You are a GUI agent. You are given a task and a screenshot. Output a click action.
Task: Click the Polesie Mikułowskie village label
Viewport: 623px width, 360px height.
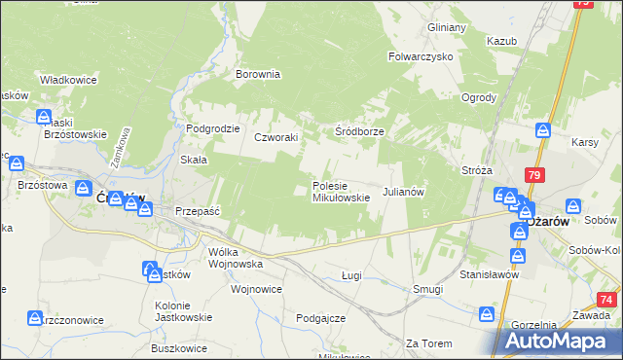(x=340, y=191)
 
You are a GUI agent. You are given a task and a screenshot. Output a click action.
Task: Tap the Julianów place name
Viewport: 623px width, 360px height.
(x=404, y=192)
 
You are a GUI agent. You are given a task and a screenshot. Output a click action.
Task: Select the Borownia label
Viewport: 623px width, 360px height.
(x=258, y=73)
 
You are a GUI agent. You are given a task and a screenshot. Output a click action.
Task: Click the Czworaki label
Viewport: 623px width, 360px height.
(x=275, y=138)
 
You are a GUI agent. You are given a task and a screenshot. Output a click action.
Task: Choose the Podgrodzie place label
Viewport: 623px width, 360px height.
(x=213, y=128)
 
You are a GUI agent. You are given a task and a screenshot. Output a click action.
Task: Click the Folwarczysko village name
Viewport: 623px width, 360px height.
(x=421, y=57)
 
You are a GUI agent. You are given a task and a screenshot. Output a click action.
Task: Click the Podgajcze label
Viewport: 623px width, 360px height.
(x=321, y=318)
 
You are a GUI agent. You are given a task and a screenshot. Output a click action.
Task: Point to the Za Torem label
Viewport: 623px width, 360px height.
(x=425, y=343)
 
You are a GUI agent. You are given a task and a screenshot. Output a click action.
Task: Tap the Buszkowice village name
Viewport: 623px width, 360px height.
(x=181, y=347)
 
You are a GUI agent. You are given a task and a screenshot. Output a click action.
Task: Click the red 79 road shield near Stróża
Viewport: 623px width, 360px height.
(x=533, y=175)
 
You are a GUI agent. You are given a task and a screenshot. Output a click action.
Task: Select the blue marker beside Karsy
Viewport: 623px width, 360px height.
(x=544, y=130)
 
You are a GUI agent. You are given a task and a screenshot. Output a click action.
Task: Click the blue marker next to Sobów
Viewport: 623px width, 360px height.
(x=573, y=207)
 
